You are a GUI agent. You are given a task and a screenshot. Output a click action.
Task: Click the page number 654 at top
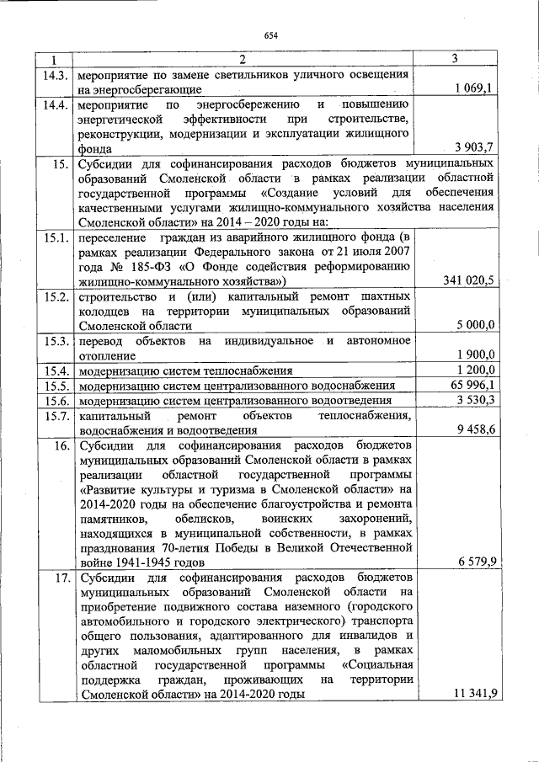[x=270, y=35]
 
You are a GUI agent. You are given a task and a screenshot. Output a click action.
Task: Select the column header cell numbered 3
[x=454, y=59]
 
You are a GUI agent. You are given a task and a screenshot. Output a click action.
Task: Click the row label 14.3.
[x=55, y=74]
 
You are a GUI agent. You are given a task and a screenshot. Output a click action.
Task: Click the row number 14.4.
[x=55, y=105]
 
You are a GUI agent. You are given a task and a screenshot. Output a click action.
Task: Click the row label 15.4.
[x=55, y=370]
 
